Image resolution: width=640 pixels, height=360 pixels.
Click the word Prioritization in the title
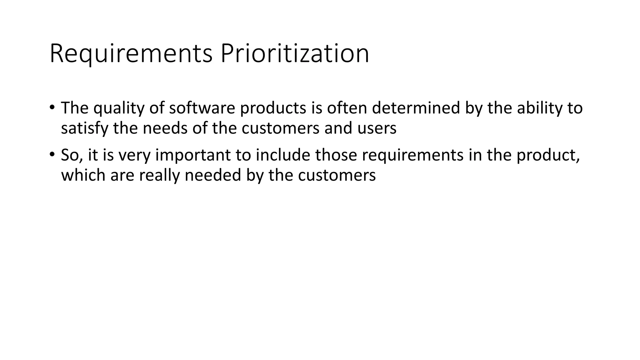pyautogui.click(x=295, y=54)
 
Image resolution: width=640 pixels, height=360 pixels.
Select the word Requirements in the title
pyautogui.click(x=131, y=54)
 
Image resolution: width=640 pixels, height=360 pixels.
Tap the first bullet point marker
pyautogui.click(x=52, y=107)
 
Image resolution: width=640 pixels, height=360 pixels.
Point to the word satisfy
pyautogui.click(x=84, y=128)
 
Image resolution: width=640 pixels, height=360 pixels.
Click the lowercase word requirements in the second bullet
pyautogui.click(x=412, y=155)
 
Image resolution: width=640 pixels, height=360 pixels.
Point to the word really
pyautogui.click(x=159, y=175)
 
